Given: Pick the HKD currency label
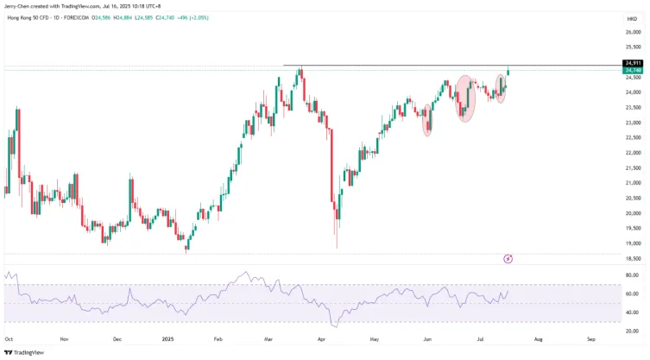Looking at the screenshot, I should click(x=631, y=17).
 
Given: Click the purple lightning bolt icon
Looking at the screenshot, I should click(x=508, y=258).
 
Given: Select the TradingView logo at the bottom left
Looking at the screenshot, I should click(x=24, y=352).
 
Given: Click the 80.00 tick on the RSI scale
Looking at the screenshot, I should click(x=632, y=275).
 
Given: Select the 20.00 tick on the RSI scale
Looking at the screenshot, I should click(x=632, y=331).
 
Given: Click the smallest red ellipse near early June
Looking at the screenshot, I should click(x=427, y=120).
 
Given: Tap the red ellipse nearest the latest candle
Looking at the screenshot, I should click(x=502, y=88).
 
